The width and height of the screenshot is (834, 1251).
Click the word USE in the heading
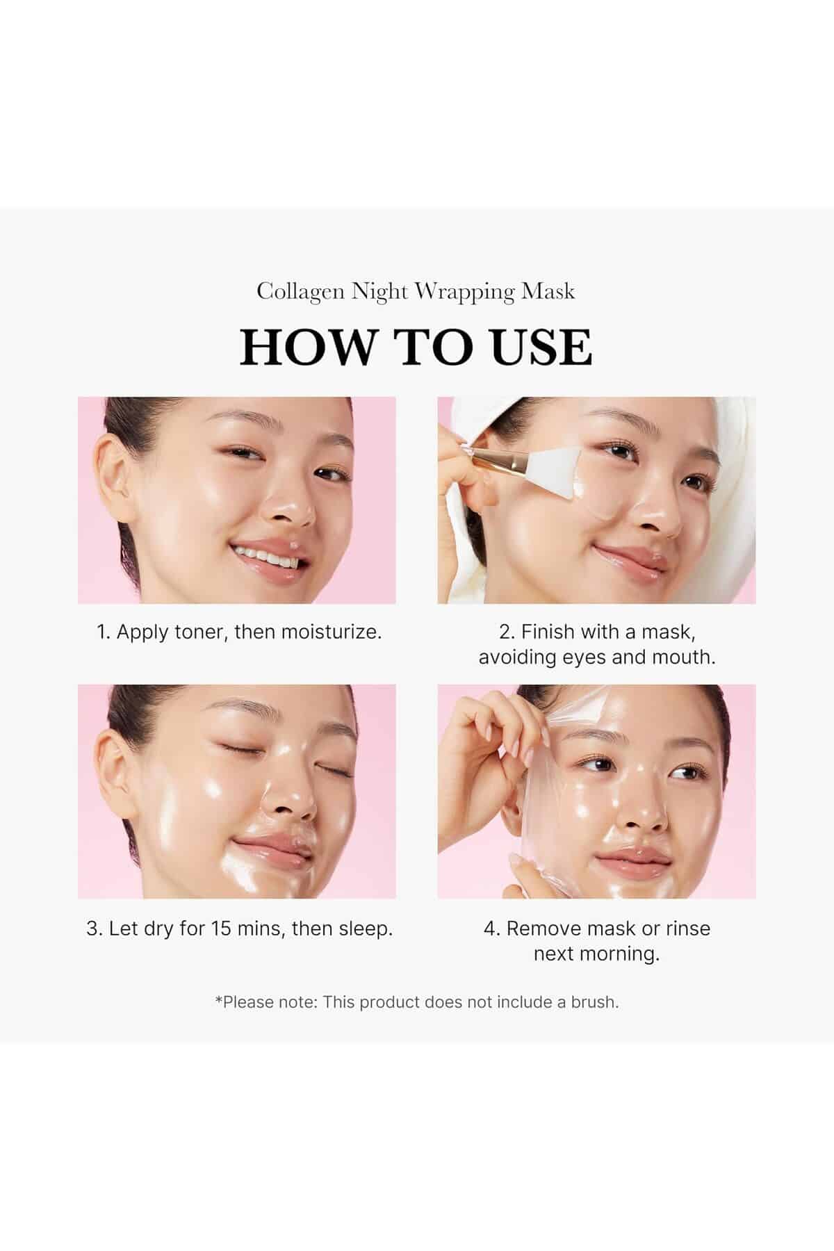pyautogui.click(x=542, y=347)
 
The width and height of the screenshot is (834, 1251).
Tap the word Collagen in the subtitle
pyautogui.click(x=301, y=292)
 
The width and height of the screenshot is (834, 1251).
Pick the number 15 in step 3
pyautogui.click(x=221, y=929)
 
